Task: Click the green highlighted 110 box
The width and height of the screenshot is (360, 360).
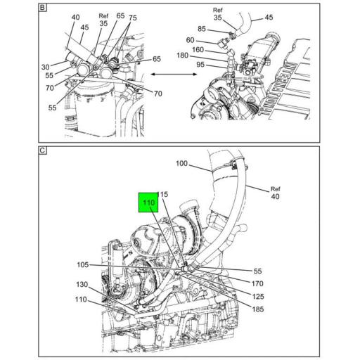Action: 148,204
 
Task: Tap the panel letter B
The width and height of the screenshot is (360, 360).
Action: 42,9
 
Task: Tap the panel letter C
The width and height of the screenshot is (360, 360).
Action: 42,151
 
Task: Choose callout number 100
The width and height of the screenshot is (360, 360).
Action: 182,165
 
